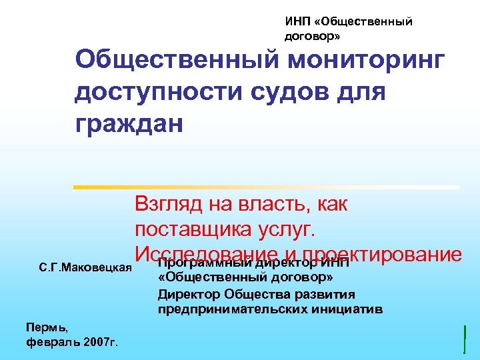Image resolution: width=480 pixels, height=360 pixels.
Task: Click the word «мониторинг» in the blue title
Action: click(366, 61)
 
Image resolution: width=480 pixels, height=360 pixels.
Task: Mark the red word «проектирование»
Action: click(381, 253)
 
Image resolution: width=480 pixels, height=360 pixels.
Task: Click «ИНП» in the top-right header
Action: click(297, 22)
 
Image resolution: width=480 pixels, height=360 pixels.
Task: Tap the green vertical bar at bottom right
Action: click(464, 338)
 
